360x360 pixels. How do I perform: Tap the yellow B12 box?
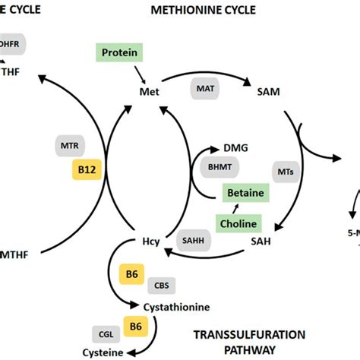tap(86, 171)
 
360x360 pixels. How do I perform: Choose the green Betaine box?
tap(245, 193)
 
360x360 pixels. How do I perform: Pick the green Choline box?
tap(246, 223)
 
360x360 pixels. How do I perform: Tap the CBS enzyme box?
tap(162, 285)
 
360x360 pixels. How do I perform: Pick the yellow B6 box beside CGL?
tap(135, 327)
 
